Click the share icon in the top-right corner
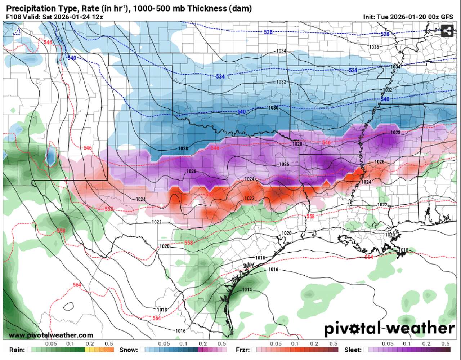[447, 31]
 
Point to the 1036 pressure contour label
[374, 47]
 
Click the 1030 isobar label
[273, 108]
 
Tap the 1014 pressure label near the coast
[247, 290]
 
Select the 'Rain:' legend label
[16, 350]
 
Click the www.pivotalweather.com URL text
[51, 335]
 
